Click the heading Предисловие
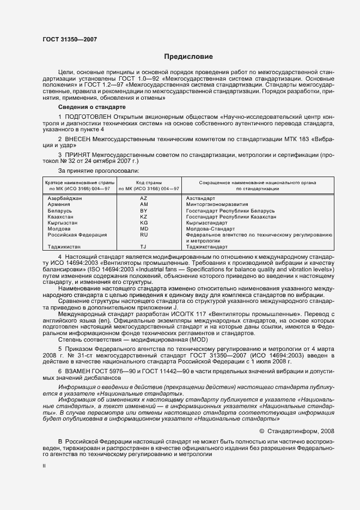coord(188,57)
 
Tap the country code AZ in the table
coord(144,198)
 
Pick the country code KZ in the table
coord(144,216)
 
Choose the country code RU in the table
coord(144,234)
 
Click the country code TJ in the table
coord(144,247)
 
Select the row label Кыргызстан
coord(63,222)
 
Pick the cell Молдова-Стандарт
coord(210,228)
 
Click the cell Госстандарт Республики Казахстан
coord(231,216)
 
